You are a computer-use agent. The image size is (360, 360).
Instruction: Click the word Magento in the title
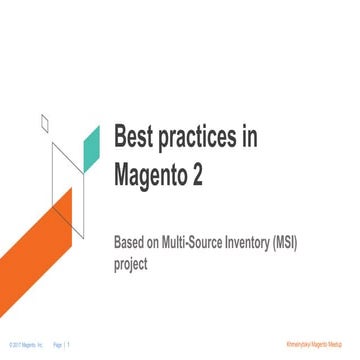click(158, 177)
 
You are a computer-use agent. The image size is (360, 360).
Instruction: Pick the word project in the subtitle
click(132, 265)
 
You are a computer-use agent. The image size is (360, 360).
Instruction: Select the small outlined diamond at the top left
click(44, 124)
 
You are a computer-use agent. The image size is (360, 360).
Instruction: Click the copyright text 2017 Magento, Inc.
click(25, 343)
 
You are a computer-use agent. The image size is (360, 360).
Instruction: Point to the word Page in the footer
click(57, 343)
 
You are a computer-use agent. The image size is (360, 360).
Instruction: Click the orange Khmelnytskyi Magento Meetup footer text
click(318, 343)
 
